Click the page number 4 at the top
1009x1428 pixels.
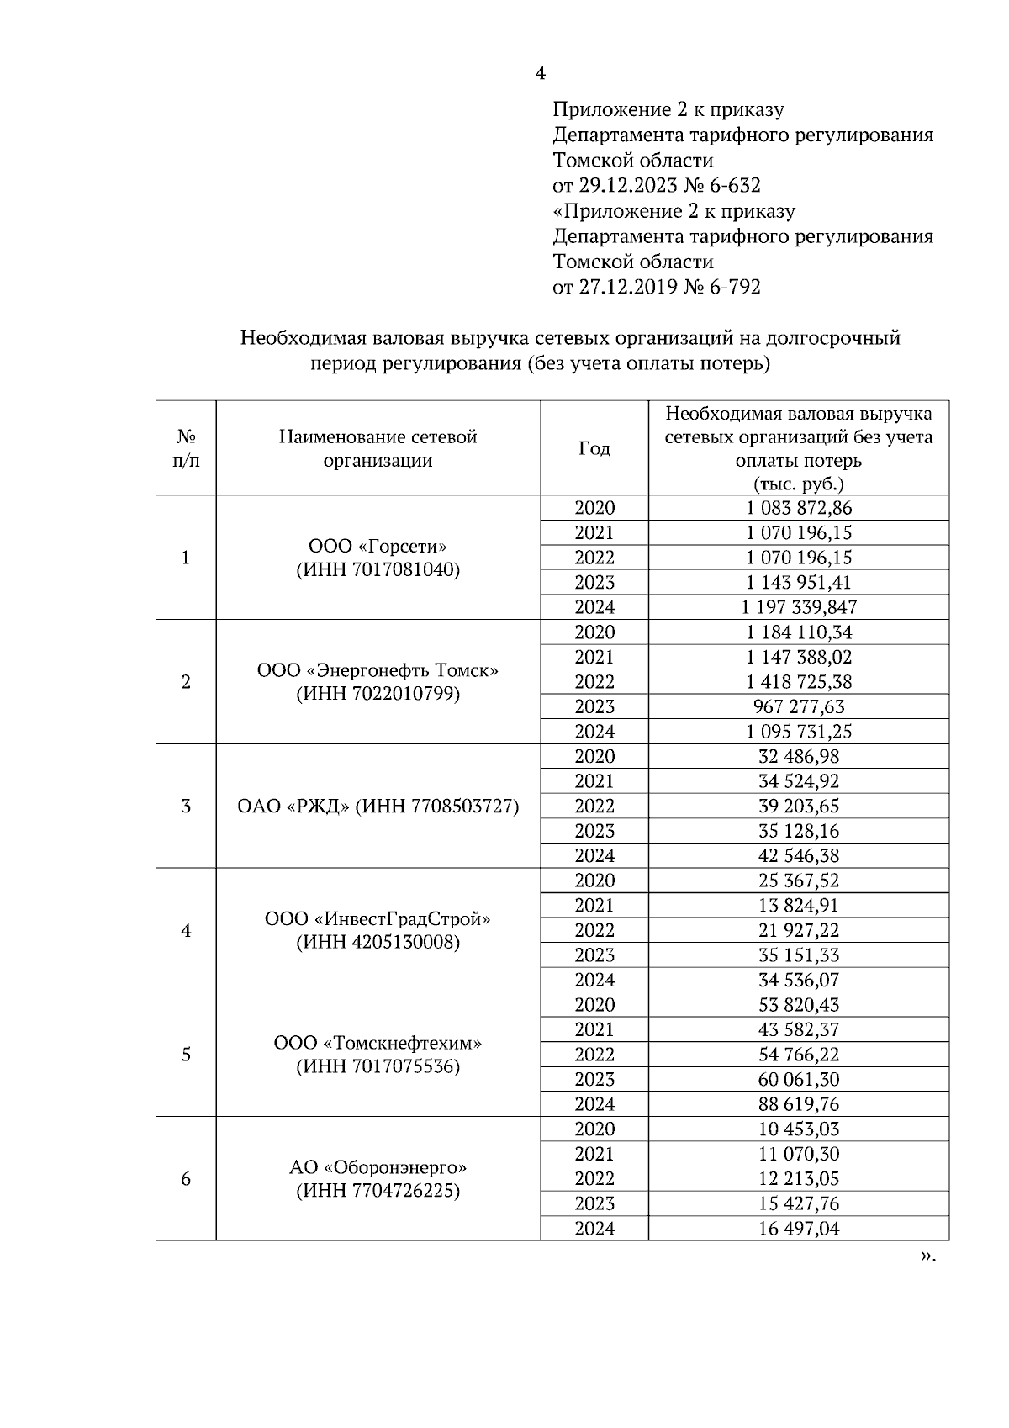click(540, 74)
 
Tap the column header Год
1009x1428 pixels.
click(594, 449)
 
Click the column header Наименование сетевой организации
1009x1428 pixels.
click(378, 448)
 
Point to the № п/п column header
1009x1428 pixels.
click(186, 448)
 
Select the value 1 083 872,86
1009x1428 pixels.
click(798, 508)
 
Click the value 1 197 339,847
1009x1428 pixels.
click(798, 607)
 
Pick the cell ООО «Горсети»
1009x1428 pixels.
click(378, 547)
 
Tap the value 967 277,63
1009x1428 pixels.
click(798, 706)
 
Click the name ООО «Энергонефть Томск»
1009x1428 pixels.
click(378, 671)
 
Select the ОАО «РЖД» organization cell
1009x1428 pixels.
click(378, 807)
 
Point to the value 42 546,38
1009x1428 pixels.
click(798, 856)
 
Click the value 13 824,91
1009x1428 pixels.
click(798, 906)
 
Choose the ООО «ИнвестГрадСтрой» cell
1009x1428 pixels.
click(378, 919)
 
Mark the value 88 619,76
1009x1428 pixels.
click(798, 1104)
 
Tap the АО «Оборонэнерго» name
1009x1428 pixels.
click(378, 1167)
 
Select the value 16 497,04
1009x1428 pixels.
click(798, 1229)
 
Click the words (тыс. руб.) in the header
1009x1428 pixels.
click(798, 484)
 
